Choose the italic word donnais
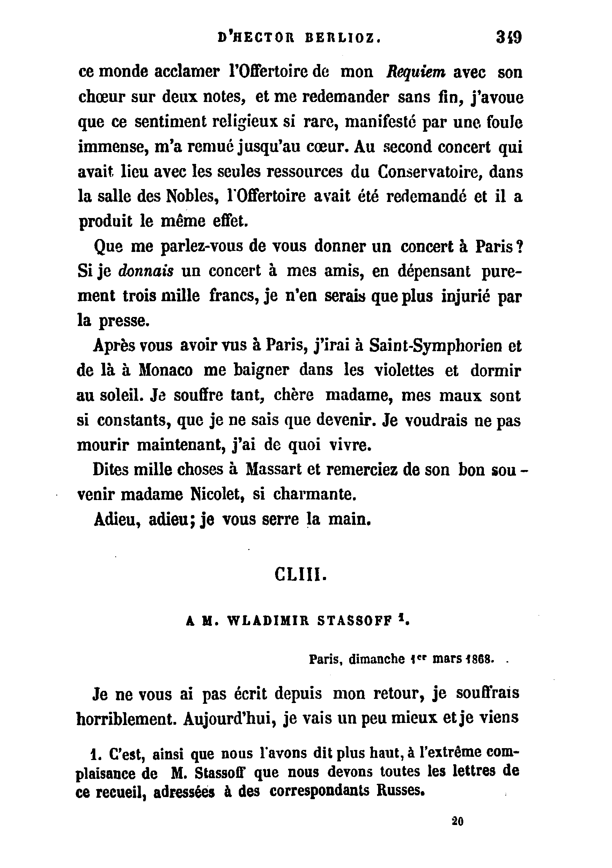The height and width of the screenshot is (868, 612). [x=146, y=271]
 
